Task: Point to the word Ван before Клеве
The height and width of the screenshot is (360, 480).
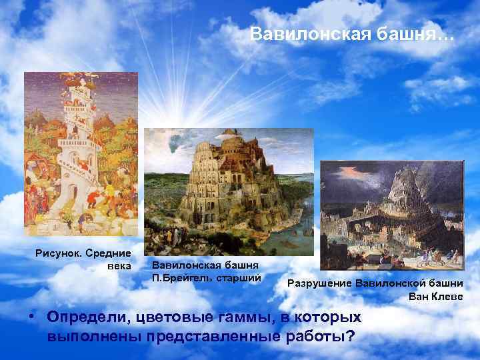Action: (419, 296)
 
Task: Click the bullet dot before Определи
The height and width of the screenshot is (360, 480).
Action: (32, 315)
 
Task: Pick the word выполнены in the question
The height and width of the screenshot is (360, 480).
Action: (93, 335)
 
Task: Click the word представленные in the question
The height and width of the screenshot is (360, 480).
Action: (213, 335)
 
